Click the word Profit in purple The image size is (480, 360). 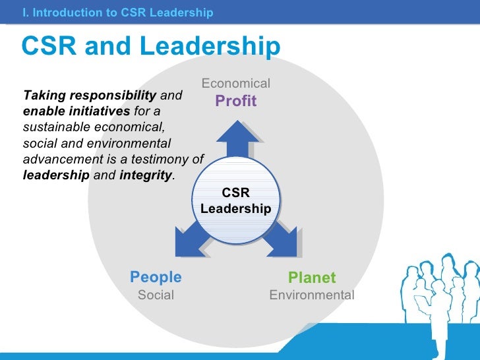[x=235, y=101]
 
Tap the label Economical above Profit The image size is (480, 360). [x=235, y=84]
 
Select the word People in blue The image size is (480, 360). [x=156, y=278]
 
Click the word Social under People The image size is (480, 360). [x=156, y=295]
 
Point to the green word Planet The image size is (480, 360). [x=312, y=278]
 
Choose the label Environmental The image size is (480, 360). [x=312, y=295]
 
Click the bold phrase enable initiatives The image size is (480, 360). [x=76, y=111]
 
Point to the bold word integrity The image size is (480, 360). [x=145, y=176]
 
